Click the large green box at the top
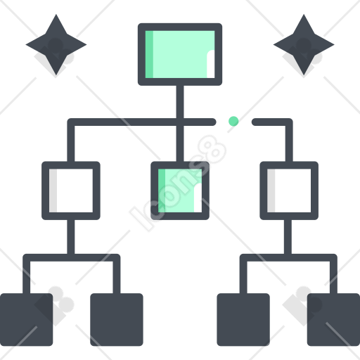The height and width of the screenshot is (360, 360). coord(180,54)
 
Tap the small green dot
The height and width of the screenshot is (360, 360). coord(233,121)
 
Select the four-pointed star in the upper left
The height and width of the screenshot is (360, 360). coord(56,44)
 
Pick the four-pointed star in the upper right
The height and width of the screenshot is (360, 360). coord(304,44)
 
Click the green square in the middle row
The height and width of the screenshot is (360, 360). coord(180,191)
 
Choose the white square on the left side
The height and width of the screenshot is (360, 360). coord(71,191)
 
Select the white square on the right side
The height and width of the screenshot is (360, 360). coord(289,191)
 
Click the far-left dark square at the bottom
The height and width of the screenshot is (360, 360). coord(26,319)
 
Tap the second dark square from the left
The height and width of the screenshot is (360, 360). coord(117,319)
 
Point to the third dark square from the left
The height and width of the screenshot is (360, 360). coord(243,319)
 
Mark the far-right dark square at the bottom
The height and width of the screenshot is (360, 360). coord(334,319)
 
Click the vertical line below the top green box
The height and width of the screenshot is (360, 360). coord(180,123)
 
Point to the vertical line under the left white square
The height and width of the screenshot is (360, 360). coord(71,237)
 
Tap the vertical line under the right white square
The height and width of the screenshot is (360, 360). coord(288,237)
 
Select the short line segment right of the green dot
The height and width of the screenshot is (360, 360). coord(272,122)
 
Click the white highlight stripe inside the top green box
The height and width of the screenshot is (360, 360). coord(211,64)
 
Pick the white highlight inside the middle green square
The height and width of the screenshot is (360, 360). coord(198,198)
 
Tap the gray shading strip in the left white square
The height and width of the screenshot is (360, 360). coord(53,191)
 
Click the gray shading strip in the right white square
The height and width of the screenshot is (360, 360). coord(271,191)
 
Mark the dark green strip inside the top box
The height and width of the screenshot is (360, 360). coord(149,54)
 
